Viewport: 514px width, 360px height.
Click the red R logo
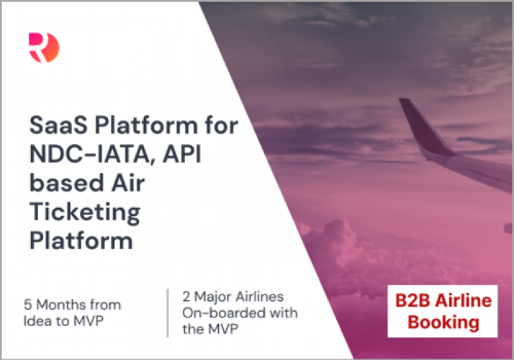(44, 47)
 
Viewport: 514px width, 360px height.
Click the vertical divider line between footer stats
(168, 312)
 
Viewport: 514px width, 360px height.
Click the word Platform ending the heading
(81, 240)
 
